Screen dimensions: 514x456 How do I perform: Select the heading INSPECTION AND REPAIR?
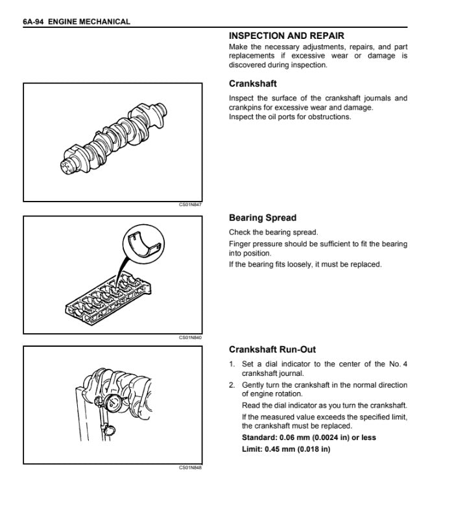click(287, 36)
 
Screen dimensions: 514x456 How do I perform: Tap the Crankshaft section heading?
click(253, 84)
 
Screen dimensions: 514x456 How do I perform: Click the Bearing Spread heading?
click(263, 218)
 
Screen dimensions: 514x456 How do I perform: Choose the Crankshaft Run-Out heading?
click(272, 349)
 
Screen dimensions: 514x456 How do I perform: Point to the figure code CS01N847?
click(190, 205)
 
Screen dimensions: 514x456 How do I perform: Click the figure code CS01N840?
click(190, 338)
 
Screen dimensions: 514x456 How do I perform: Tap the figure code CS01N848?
click(190, 467)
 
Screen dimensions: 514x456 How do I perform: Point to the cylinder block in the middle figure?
click(107, 298)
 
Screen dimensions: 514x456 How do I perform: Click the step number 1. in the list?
click(232, 364)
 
